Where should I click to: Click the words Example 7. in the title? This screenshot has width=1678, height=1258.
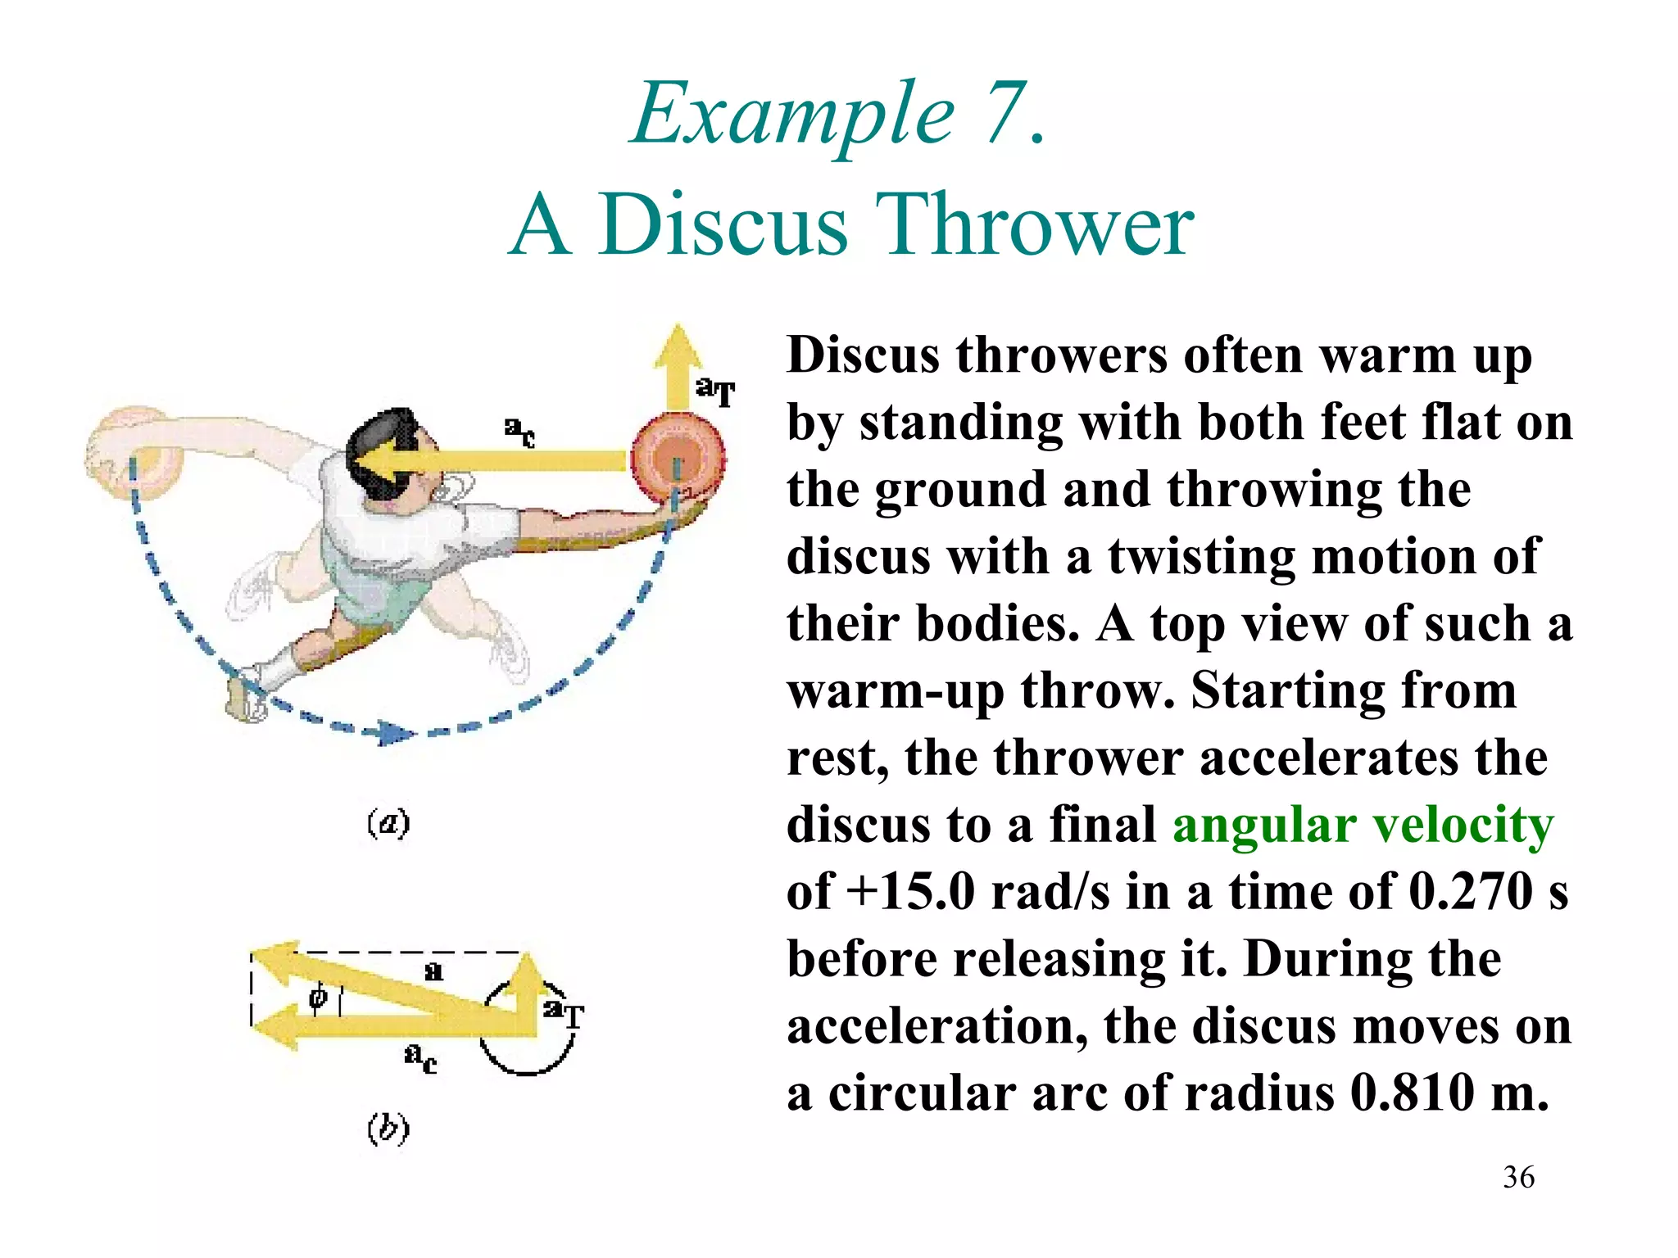pyautogui.click(x=837, y=115)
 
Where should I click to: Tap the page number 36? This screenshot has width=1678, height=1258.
pyautogui.click(x=1518, y=1178)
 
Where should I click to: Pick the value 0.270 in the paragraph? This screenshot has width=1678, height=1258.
pyautogui.click(x=1470, y=892)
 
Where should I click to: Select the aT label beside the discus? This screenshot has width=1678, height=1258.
pyautogui.click(x=715, y=391)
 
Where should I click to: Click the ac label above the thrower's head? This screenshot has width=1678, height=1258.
pyautogui.click(x=519, y=431)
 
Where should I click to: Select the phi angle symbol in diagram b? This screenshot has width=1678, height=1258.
pyautogui.click(x=318, y=997)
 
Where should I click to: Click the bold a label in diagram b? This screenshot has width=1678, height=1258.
pyautogui.click(x=434, y=971)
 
